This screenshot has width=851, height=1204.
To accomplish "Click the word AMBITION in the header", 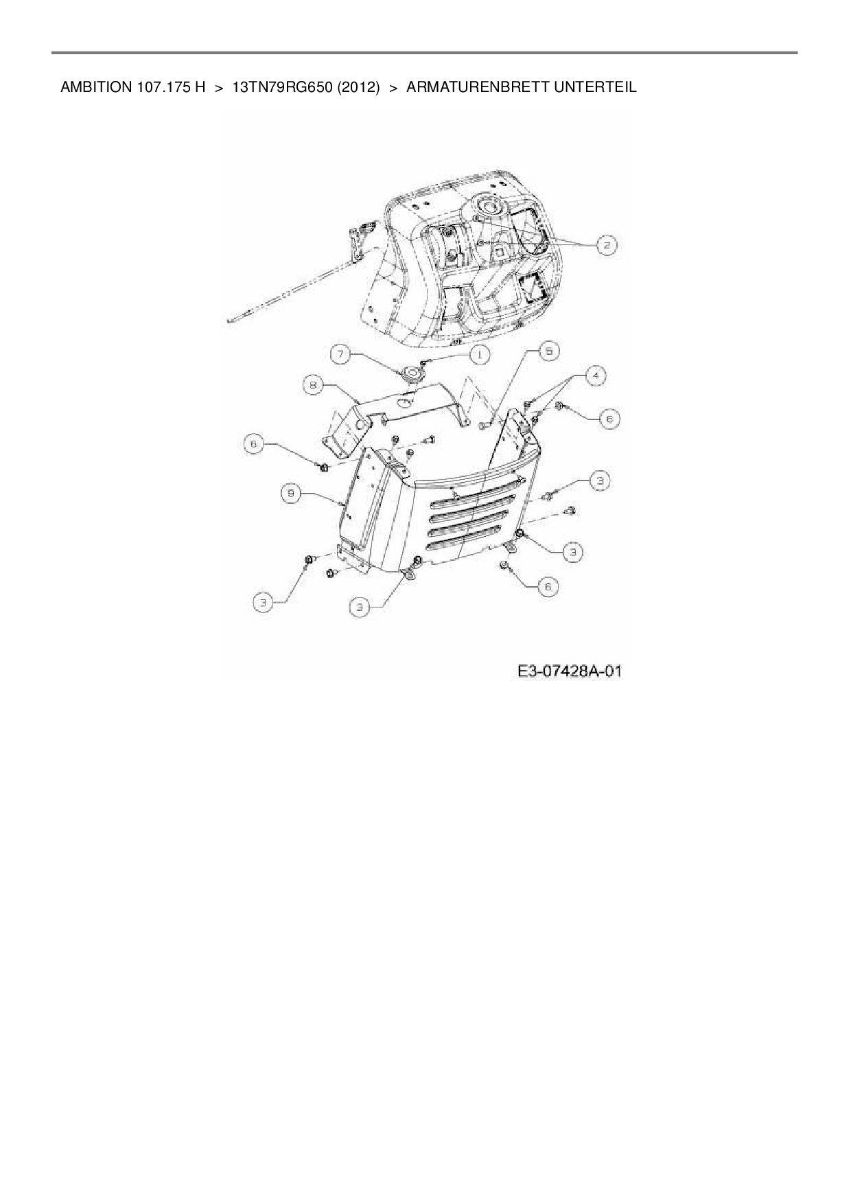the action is pos(93,87).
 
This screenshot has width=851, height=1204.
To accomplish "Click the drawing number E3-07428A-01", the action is pos(570,671).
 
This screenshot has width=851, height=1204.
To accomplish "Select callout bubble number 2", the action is pos(607,245).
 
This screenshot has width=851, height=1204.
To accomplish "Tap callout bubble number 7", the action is pos(341,354).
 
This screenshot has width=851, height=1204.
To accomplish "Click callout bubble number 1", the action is pos(478,354).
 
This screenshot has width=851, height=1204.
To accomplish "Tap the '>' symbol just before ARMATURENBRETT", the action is pos(394,87).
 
